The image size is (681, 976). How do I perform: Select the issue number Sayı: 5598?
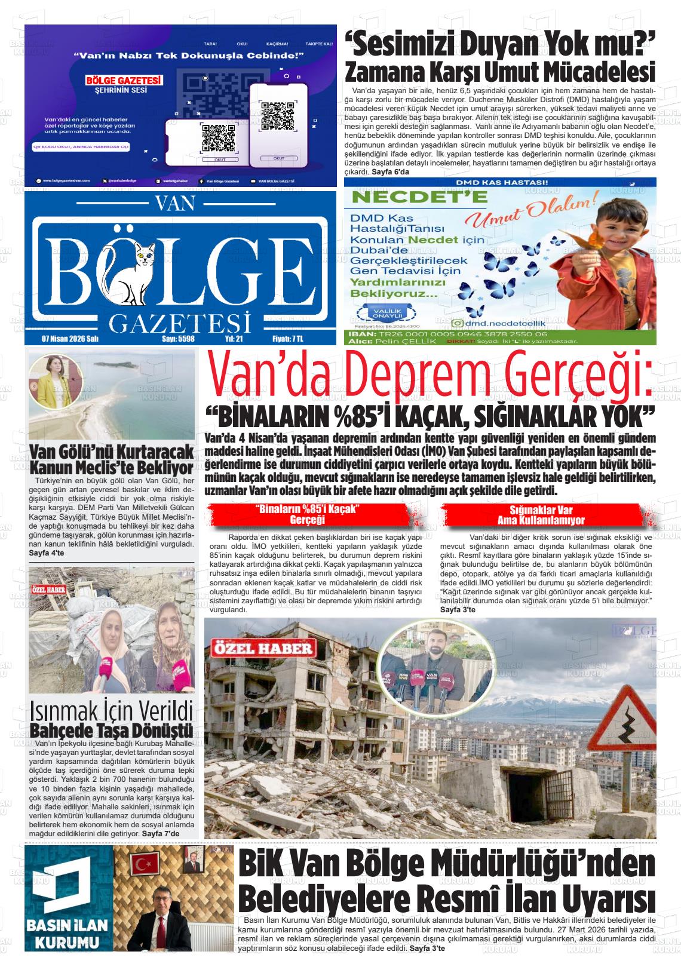(179, 339)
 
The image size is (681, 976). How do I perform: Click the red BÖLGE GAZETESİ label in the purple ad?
(124, 80)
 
